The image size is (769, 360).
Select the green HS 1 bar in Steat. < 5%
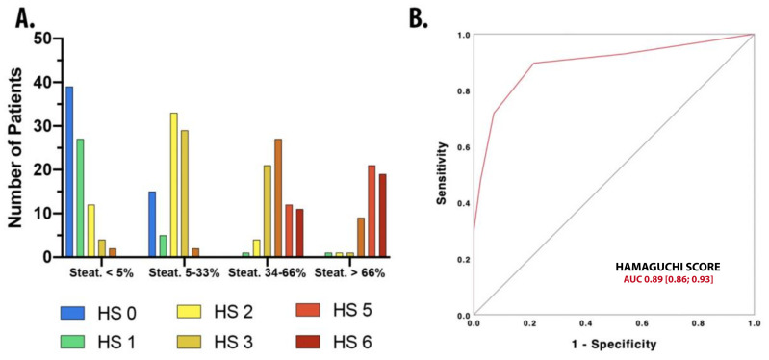pyautogui.click(x=80, y=197)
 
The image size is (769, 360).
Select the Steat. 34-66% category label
pyautogui.click(x=269, y=271)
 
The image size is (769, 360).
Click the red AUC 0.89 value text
pyautogui.click(x=669, y=278)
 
